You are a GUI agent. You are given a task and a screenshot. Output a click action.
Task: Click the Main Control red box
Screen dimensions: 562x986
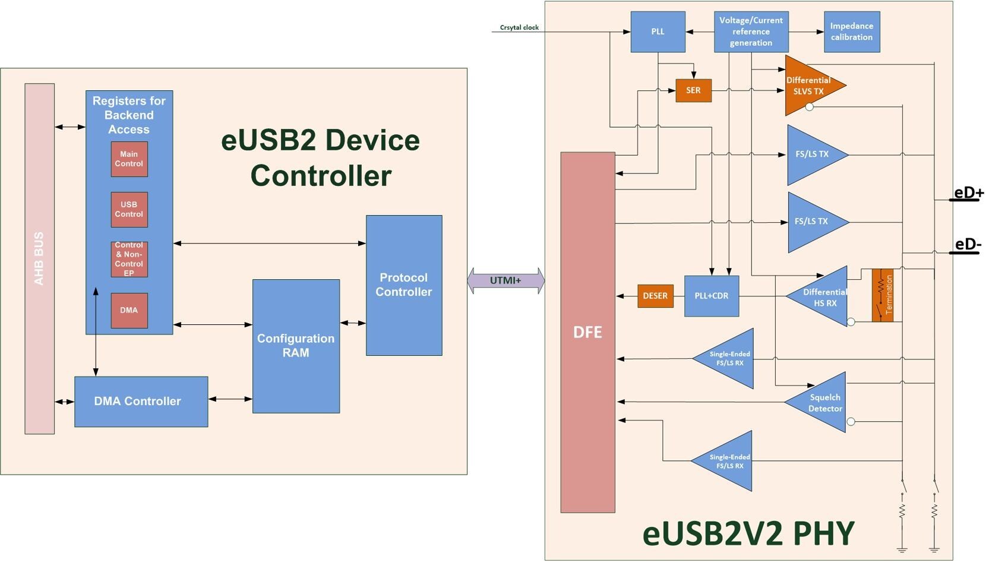[x=129, y=159]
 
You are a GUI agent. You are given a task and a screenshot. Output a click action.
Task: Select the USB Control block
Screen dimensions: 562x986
[x=129, y=210]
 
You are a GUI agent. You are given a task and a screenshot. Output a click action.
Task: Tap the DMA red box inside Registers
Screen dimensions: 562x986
[x=129, y=310]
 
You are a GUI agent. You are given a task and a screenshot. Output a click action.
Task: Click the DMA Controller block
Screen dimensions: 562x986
[x=141, y=402]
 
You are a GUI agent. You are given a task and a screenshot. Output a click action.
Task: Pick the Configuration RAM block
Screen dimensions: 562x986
[x=296, y=346]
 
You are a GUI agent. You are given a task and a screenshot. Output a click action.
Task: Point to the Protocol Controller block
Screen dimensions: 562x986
[x=404, y=285]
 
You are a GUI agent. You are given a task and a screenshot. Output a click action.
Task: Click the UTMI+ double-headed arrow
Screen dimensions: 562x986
[x=505, y=280]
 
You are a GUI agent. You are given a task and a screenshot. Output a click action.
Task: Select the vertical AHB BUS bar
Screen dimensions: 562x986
[x=39, y=258]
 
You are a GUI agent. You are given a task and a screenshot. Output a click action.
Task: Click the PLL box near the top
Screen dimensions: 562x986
[x=658, y=31]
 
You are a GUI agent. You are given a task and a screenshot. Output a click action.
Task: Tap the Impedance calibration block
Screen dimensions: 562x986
[x=852, y=31]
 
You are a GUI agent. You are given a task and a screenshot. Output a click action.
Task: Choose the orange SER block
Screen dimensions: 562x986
[x=693, y=90]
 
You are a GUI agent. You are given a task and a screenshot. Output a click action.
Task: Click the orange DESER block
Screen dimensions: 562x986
[x=655, y=296]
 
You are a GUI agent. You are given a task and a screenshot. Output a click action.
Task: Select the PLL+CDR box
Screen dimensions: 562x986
[x=712, y=296]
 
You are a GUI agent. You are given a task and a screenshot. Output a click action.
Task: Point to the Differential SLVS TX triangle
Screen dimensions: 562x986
[x=809, y=86]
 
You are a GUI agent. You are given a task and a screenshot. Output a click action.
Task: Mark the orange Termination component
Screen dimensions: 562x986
[x=883, y=295]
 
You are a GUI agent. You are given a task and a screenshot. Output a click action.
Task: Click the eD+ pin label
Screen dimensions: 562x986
[x=968, y=193]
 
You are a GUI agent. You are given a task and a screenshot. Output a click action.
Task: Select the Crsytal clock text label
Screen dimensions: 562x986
[x=519, y=27]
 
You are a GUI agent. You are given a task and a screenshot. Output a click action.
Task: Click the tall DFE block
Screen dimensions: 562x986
[x=587, y=332]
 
